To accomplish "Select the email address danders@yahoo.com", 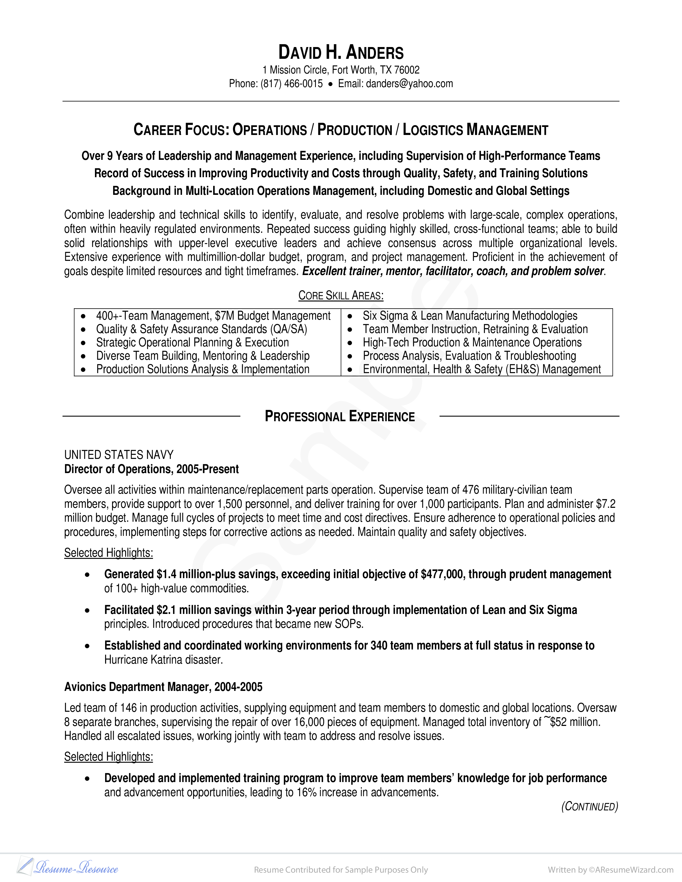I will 409,84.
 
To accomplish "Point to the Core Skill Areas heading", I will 340,296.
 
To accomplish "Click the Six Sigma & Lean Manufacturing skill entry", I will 470,316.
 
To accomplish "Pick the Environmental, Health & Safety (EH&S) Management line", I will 482,369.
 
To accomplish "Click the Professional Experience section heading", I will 340,416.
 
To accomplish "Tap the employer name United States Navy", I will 119,455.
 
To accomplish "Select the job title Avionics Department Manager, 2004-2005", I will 163,687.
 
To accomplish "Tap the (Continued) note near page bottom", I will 589,806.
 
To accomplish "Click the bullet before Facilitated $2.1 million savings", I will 87,611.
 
